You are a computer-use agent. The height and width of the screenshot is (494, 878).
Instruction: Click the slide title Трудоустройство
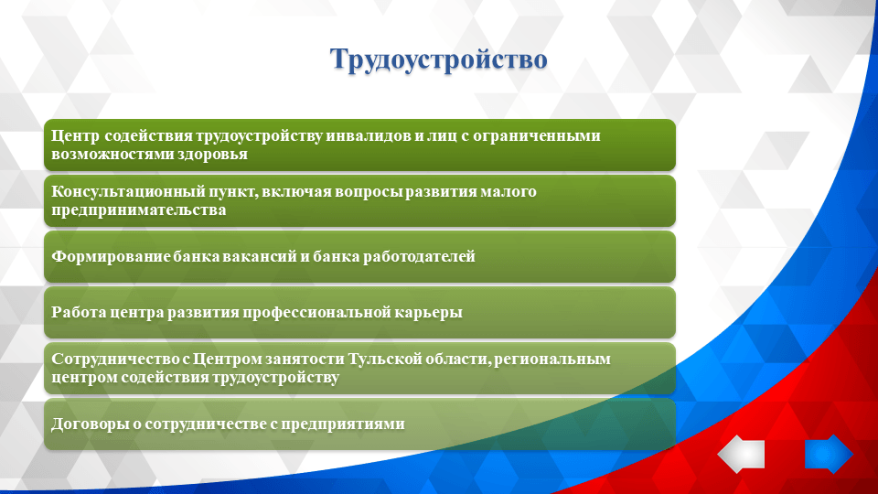coord(438,59)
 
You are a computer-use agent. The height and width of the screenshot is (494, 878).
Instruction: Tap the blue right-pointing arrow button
coord(828,454)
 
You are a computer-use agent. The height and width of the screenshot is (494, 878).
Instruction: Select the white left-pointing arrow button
coord(741,454)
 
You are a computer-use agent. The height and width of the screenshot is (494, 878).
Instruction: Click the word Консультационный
coord(118,191)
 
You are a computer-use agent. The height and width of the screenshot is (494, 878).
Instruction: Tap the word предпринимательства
coord(139,209)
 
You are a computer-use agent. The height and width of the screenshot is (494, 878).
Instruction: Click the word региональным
coord(556,358)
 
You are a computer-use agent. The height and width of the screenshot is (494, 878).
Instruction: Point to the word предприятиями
coord(343,424)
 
